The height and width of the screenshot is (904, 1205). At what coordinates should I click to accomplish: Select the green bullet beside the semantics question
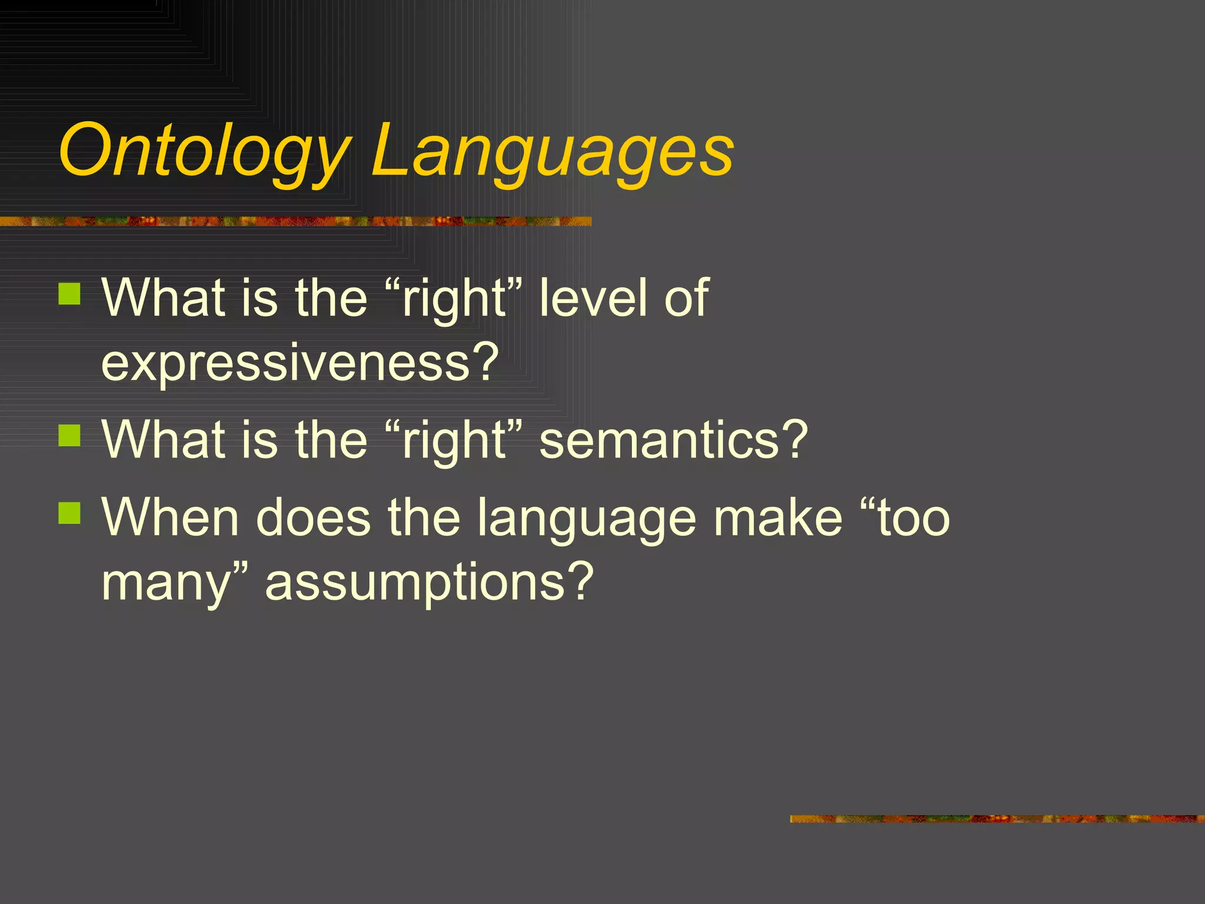tap(69, 436)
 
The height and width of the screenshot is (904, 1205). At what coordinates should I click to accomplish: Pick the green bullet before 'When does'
tap(69, 513)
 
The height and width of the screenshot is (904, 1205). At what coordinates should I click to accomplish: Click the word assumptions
tap(429, 581)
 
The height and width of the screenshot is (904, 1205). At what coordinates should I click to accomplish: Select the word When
tap(170, 517)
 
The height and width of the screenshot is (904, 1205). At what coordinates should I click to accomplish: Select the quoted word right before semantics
tap(454, 441)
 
